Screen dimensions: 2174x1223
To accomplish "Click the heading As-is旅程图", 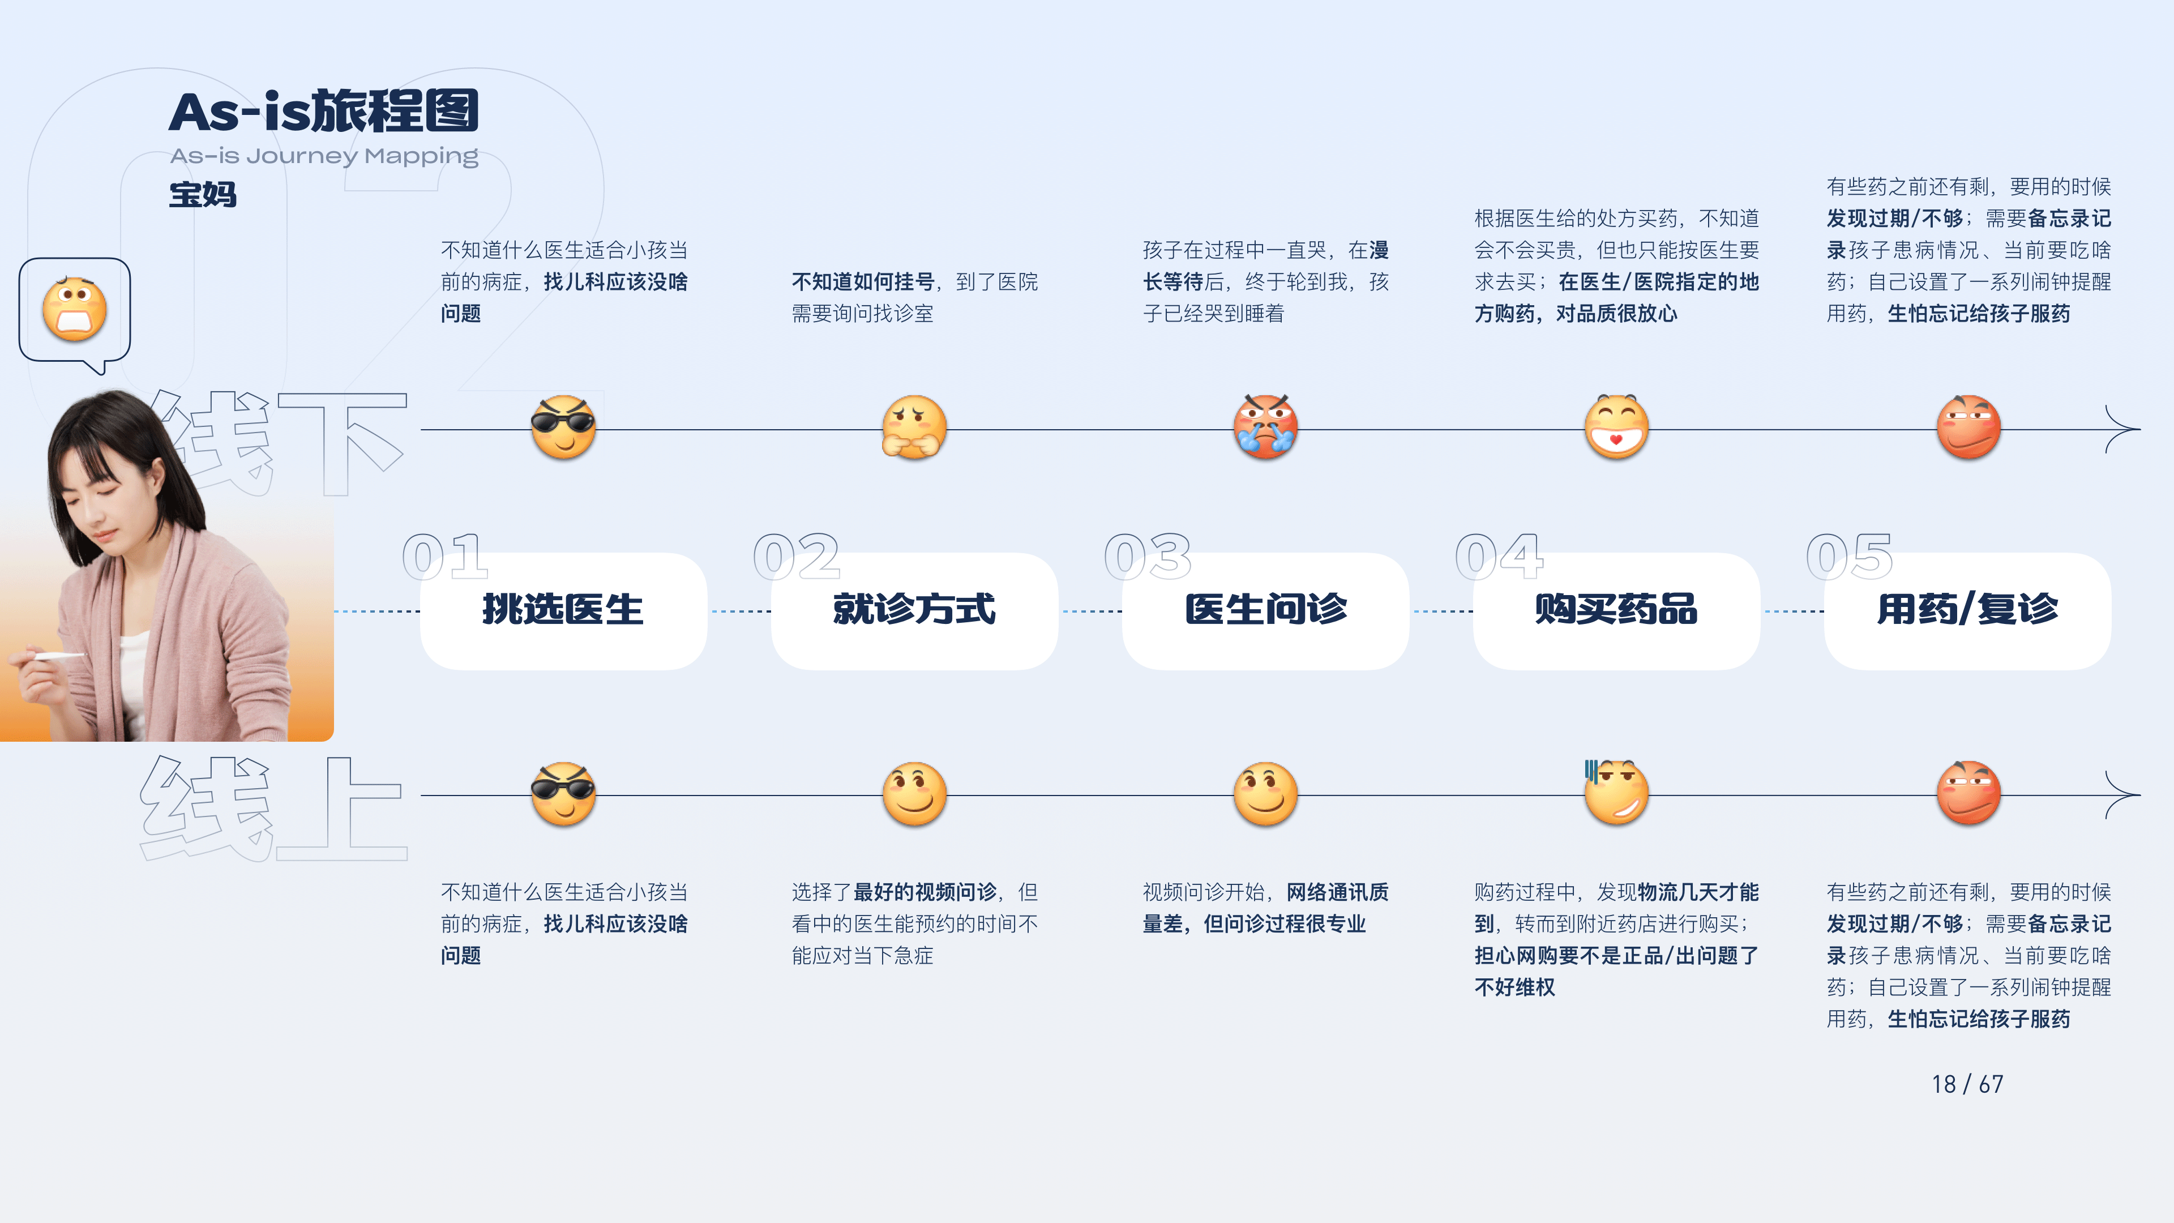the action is [x=323, y=112].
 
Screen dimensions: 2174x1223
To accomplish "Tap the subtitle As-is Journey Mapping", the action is [x=323, y=156].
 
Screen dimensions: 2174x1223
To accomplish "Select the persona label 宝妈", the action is [x=203, y=195].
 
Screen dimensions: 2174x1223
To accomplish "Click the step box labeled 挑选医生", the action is [x=563, y=610].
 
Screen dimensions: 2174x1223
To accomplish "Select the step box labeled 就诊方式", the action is [x=914, y=610].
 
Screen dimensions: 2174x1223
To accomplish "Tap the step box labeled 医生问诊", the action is [x=1265, y=610].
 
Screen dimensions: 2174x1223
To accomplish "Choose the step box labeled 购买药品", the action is [x=1616, y=610].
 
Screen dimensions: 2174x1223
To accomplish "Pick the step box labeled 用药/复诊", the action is [x=1967, y=610].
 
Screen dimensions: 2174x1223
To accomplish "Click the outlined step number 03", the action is [x=1147, y=557].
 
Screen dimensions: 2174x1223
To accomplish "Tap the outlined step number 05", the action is [x=1849, y=557].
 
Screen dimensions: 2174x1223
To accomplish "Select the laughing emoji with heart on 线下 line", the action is [x=1616, y=427].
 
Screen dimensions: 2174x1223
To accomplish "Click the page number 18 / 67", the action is [x=1967, y=1084].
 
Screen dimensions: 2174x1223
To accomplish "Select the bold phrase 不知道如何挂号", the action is [x=862, y=282].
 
